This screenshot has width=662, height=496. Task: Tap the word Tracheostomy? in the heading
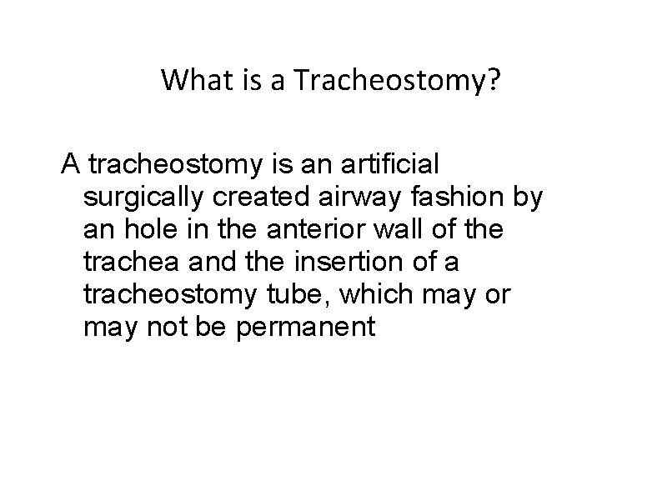point(400,81)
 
